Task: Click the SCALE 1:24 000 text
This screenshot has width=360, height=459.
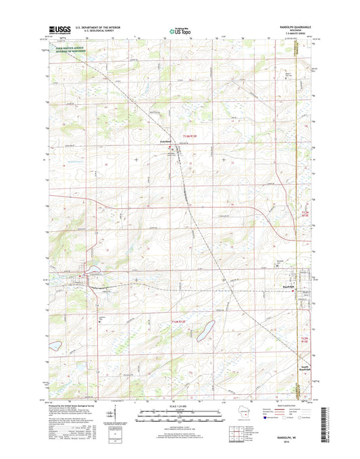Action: (x=180, y=406)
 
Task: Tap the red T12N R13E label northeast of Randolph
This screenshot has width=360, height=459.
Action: (x=305, y=215)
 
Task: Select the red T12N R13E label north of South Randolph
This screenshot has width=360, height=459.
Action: (x=305, y=339)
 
